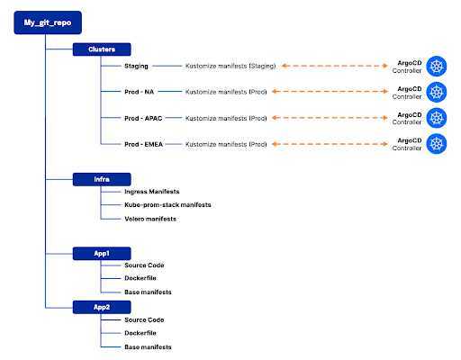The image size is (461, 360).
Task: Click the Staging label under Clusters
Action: coord(137,66)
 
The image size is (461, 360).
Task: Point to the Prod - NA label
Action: coord(141,91)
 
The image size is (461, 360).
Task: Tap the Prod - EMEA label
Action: coord(146,143)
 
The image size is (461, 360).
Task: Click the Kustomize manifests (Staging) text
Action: coord(237,66)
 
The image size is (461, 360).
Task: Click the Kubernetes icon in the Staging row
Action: coord(438,66)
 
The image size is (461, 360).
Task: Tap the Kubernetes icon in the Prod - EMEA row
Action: coord(438,143)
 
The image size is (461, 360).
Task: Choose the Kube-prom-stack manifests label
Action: coord(168,205)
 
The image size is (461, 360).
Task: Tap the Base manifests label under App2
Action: coord(149,346)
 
